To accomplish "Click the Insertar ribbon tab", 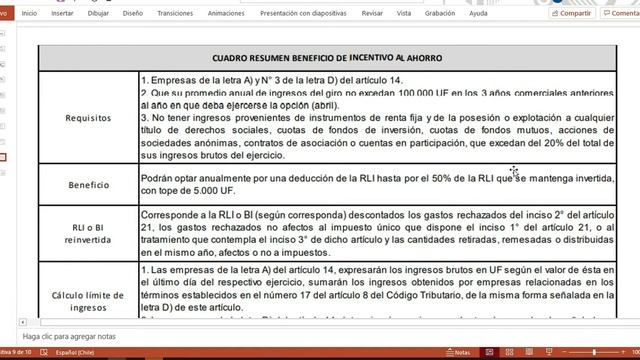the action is (x=62, y=14).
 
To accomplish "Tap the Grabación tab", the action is (x=439, y=14).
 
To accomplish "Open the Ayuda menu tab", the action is (x=479, y=14).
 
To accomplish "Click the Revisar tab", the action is (x=372, y=14).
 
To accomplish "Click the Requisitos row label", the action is (x=88, y=117).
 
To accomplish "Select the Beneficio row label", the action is (x=88, y=185).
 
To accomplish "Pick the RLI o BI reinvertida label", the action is (x=88, y=231).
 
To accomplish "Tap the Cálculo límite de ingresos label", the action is (x=88, y=297).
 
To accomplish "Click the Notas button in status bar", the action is (x=458, y=353).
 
